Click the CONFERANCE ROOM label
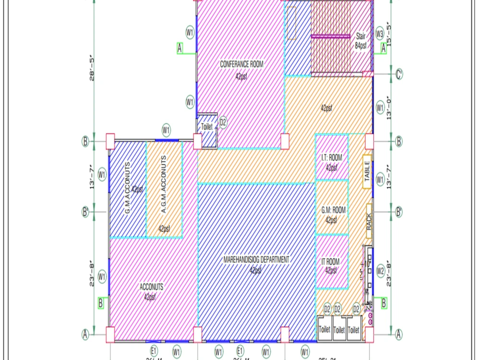pos(241,64)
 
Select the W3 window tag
pos(380,35)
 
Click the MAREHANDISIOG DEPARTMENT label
pos(256,260)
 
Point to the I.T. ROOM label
pos(331,158)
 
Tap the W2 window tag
pos(380,271)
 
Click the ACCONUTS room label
pos(151,287)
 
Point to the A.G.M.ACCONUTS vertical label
pos(164,184)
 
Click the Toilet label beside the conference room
pos(206,127)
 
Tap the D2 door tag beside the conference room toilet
pos(223,122)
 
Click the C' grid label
pos(399,74)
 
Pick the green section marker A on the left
pos(180,48)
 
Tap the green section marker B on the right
pos(384,303)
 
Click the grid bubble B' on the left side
pos(85,211)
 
